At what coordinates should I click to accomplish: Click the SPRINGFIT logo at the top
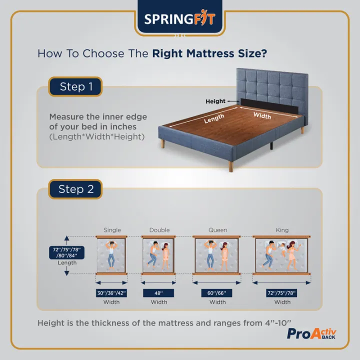point(179,19)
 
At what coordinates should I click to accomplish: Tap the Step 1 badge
point(76,86)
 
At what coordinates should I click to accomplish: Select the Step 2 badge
point(76,189)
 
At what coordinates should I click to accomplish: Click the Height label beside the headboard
point(215,101)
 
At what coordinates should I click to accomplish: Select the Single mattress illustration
point(112,255)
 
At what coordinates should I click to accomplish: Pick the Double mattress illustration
point(159,255)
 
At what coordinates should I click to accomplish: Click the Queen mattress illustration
point(217,255)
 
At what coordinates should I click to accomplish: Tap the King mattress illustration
point(282,255)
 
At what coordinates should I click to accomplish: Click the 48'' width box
point(159,293)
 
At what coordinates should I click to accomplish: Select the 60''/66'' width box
point(217,293)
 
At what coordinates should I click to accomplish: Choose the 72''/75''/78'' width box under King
point(282,293)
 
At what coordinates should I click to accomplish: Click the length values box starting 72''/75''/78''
point(66,252)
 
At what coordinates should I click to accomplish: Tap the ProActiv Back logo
point(311,334)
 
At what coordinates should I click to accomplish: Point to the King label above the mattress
point(282,230)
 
